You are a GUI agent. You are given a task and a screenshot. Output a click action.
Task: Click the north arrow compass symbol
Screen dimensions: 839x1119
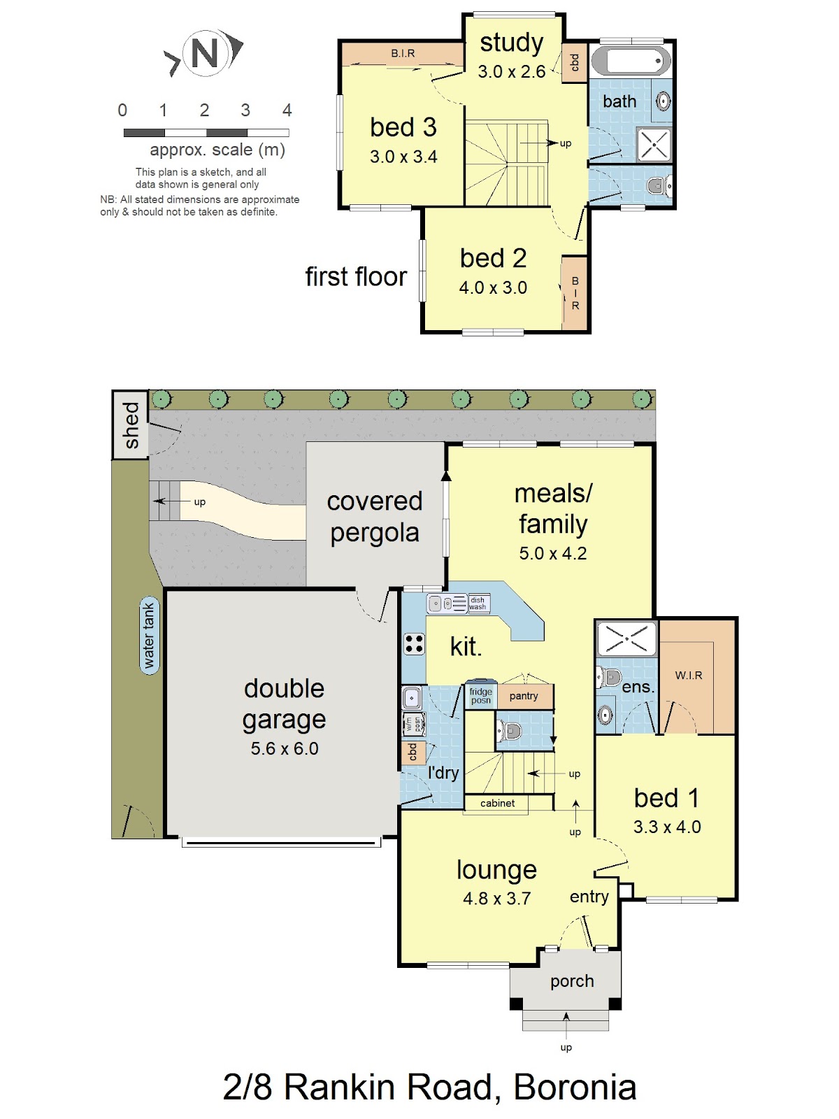(203, 53)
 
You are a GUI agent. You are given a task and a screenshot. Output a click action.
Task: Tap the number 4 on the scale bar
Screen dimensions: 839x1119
(287, 110)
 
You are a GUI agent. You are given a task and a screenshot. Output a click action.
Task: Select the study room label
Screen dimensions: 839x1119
(512, 43)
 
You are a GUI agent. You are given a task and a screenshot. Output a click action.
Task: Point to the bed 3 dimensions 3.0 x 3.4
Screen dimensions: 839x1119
(403, 157)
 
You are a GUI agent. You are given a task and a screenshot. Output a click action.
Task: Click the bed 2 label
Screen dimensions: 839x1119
(493, 258)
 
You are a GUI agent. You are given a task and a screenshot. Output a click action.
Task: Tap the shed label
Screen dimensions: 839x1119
(131, 425)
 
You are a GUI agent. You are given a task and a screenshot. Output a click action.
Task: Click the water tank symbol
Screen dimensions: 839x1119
(149, 635)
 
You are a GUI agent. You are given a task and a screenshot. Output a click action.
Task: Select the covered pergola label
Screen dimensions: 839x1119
(375, 517)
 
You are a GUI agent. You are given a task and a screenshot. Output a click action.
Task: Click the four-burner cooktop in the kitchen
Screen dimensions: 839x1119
(414, 643)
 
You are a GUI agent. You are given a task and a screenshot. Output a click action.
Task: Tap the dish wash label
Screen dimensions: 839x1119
(478, 603)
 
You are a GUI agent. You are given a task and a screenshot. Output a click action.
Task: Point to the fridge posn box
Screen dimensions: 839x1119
(481, 694)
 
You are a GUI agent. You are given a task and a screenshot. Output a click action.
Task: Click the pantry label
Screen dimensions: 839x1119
(524, 697)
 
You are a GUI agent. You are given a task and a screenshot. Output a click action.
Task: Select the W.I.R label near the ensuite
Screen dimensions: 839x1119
(689, 676)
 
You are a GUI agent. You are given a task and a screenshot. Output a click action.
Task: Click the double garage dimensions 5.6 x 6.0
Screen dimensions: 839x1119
(285, 748)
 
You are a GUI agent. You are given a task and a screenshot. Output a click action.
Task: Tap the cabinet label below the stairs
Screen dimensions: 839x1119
(497, 803)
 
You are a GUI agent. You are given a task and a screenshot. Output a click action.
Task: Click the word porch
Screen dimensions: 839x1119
(572, 981)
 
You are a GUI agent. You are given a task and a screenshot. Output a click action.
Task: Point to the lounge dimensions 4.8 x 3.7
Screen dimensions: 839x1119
(496, 898)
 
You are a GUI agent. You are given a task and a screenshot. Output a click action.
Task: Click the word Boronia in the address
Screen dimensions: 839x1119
(575, 1087)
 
